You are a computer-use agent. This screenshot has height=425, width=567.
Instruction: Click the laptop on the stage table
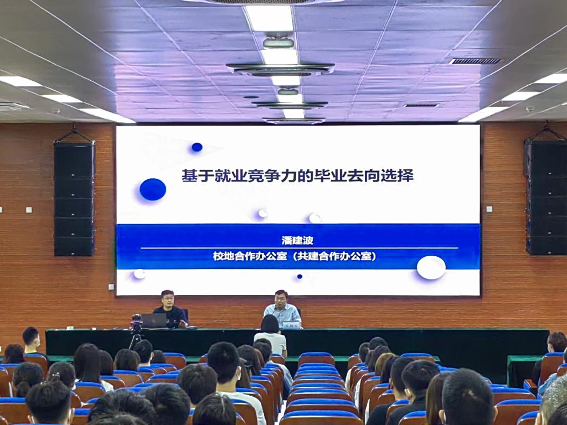[x=153, y=320]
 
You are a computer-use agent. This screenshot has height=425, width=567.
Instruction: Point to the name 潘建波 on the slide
[x=297, y=240]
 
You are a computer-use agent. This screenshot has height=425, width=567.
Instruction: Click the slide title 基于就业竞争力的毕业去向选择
[x=297, y=176]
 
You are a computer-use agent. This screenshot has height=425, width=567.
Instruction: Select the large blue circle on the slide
[x=153, y=189]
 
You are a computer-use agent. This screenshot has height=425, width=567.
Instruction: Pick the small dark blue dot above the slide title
[x=197, y=147]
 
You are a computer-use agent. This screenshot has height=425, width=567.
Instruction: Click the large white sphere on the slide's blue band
[x=431, y=267]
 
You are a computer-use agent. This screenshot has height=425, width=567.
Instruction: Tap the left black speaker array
[x=74, y=199]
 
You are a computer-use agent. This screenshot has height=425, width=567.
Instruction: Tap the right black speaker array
[x=546, y=198]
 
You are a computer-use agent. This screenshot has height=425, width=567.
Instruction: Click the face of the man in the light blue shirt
[x=281, y=299]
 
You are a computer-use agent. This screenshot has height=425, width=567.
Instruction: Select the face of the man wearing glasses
[x=168, y=299]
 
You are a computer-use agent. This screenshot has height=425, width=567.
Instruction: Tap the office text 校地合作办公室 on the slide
[x=250, y=256]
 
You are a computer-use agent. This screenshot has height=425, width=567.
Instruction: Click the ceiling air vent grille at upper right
[x=475, y=61]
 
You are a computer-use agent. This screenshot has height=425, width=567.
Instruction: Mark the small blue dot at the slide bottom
[x=300, y=277]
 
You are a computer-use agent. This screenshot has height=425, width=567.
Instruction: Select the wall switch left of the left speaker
[x=29, y=210]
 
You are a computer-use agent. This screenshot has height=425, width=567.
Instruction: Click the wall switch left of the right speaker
[x=489, y=209]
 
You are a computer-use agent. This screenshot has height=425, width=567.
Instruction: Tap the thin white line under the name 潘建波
[x=299, y=248]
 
